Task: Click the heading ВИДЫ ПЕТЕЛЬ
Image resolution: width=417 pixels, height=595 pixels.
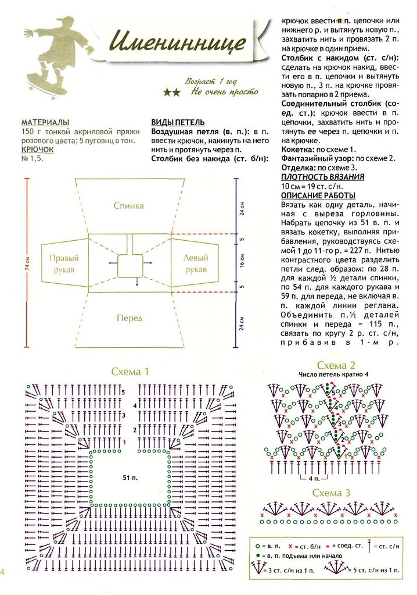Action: point(178,123)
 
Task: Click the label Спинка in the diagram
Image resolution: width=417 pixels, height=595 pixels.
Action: point(128,206)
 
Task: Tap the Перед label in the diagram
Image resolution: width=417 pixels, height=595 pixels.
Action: point(129,318)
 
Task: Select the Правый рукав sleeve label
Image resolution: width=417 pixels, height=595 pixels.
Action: point(63,264)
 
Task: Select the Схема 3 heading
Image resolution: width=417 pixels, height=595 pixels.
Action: point(331,493)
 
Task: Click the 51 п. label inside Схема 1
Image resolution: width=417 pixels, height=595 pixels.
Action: point(130,478)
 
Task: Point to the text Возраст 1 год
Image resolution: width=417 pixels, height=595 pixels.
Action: point(211,81)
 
